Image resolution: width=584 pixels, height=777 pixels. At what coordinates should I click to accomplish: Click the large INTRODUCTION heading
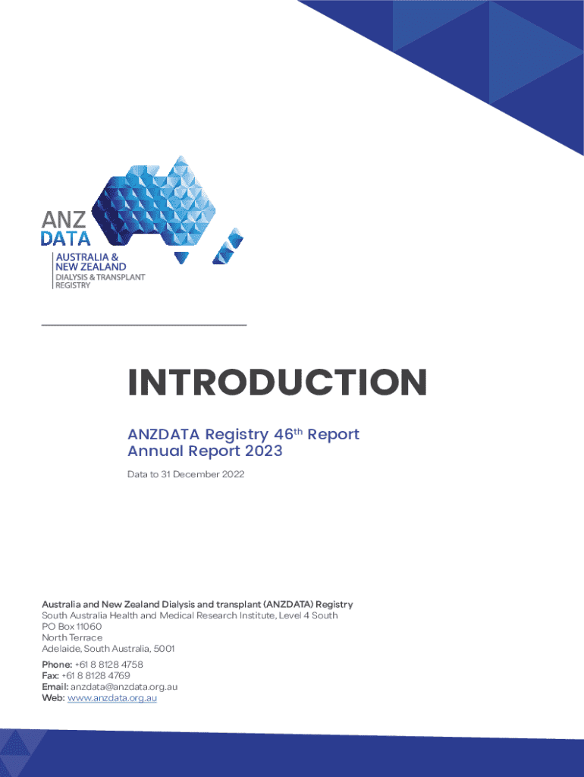coord(277,382)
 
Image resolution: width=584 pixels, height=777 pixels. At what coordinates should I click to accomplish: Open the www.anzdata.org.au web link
coord(112,698)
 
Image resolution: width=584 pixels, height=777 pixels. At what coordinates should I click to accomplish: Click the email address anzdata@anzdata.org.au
coord(124,687)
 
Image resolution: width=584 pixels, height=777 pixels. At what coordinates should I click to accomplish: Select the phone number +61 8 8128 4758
coord(108,665)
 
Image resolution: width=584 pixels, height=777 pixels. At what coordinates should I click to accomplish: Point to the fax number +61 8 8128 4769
coord(96,675)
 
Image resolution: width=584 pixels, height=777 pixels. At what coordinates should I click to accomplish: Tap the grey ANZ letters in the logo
coord(64,219)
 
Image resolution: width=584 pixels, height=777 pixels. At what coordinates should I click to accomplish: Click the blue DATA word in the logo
coord(65,239)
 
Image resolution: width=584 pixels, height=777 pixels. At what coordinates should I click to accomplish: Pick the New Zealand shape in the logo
coord(228,246)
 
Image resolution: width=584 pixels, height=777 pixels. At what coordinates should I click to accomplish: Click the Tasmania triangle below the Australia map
coord(181,257)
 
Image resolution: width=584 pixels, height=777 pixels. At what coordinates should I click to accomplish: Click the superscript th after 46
coord(298,431)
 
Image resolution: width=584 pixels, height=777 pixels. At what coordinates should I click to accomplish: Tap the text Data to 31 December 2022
coord(186,474)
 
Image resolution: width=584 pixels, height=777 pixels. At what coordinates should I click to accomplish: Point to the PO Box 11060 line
coord(72,626)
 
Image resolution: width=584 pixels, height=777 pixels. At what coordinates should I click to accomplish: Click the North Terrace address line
coord(72,637)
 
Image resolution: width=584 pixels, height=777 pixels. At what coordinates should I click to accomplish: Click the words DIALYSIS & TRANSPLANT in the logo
coord(100,277)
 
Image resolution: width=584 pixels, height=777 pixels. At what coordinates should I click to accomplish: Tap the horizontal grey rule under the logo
coord(144,325)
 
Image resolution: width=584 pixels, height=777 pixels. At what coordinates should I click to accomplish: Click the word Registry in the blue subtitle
coord(237,435)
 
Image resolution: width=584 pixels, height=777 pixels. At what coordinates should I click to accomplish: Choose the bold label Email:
coord(55,687)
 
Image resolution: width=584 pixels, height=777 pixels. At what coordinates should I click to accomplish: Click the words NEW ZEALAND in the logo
coord(91,266)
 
